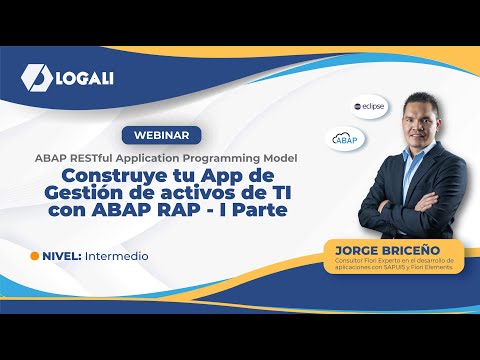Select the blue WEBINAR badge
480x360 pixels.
click(160, 135)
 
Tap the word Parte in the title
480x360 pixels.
click(257, 212)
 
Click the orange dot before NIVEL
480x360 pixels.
click(35, 256)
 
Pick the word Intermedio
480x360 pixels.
click(117, 256)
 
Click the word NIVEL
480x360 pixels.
click(61, 256)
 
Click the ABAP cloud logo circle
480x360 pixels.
click(344, 140)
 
